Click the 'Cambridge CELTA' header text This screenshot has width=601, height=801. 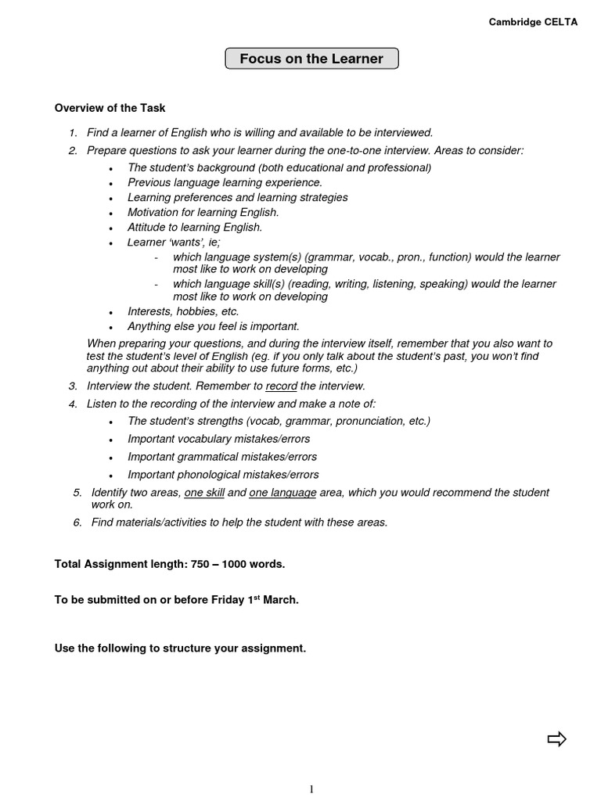(x=533, y=23)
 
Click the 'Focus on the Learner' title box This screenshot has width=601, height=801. (x=311, y=59)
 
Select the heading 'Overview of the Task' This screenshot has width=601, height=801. (x=110, y=108)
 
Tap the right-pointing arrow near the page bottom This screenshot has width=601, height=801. (x=556, y=738)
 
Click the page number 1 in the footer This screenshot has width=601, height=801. (x=311, y=789)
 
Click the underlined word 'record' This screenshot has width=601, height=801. (x=282, y=386)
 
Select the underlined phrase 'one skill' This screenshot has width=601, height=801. (x=204, y=493)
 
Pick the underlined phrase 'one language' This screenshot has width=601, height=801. (x=283, y=493)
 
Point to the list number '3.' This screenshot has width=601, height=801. (x=73, y=386)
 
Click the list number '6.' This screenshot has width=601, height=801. (x=77, y=523)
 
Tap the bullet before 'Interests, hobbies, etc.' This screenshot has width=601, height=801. (x=112, y=313)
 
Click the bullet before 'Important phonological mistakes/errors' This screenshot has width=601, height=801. (x=112, y=476)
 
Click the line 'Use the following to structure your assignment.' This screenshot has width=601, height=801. (x=180, y=648)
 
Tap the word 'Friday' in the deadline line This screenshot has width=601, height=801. (x=229, y=600)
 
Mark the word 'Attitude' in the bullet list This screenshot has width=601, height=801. (x=147, y=228)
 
